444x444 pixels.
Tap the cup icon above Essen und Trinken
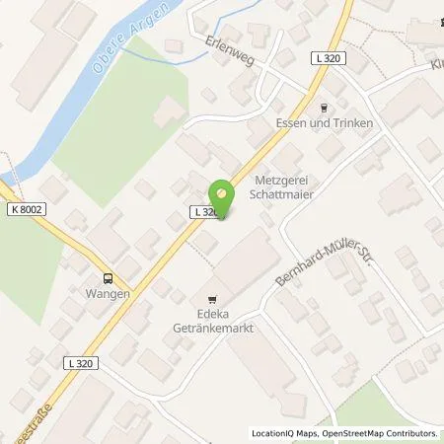click(325, 108)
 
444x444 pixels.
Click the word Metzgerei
click(284, 181)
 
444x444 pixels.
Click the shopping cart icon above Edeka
click(211, 298)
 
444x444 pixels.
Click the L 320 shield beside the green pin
click(203, 211)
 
